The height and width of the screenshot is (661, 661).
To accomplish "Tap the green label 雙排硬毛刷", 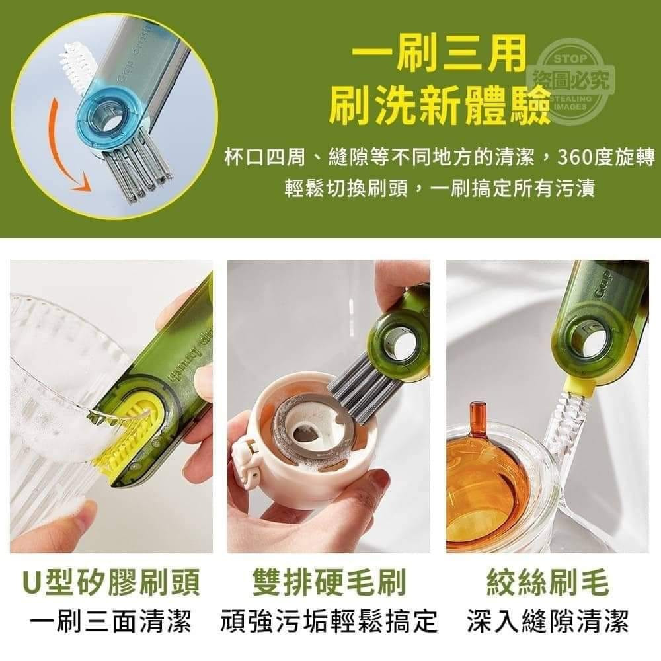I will [x=329, y=584].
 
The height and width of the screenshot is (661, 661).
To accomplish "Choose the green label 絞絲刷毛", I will [x=547, y=584].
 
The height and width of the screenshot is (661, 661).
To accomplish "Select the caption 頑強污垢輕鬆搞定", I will [x=329, y=622].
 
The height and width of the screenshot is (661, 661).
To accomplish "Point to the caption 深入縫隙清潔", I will [x=547, y=622].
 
